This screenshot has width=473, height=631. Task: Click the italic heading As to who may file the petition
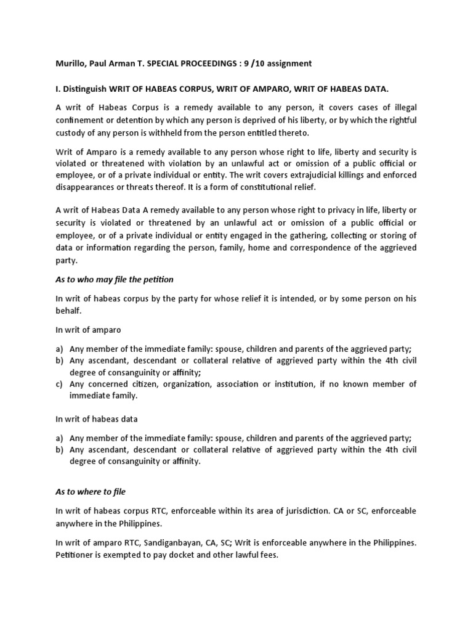[x=115, y=280]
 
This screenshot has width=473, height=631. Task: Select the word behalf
[x=68, y=311]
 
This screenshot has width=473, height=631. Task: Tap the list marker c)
[x=60, y=384]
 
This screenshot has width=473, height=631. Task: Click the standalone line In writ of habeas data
[x=97, y=419]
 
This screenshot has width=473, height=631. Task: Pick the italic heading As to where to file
[x=91, y=492]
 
